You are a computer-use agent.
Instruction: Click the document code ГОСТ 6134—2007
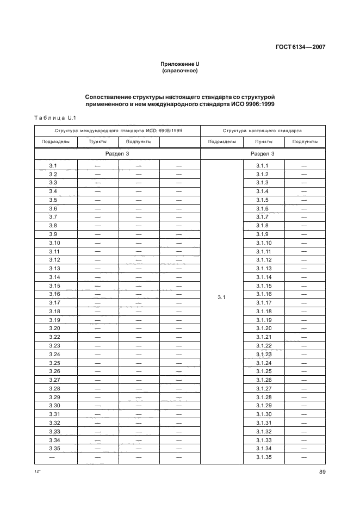[300, 47]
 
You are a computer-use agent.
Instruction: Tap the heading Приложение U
[179, 64]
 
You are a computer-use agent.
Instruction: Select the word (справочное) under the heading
[179, 71]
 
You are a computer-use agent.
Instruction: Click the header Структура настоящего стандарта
[263, 131]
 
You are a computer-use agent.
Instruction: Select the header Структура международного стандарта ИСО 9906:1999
[118, 131]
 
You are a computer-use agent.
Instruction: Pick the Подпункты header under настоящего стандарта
[305, 142]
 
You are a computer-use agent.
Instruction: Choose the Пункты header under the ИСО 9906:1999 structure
[98, 142]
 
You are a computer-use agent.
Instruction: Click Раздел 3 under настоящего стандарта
[263, 154]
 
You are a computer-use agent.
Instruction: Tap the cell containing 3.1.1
[263, 165]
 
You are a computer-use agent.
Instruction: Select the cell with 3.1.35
[263, 457]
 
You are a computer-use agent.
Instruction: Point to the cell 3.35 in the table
[54, 448]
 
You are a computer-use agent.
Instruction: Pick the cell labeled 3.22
[54, 337]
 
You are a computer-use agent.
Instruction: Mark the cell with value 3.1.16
[263, 294]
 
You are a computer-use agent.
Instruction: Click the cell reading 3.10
[54, 243]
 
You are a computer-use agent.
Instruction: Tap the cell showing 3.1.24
[263, 363]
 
